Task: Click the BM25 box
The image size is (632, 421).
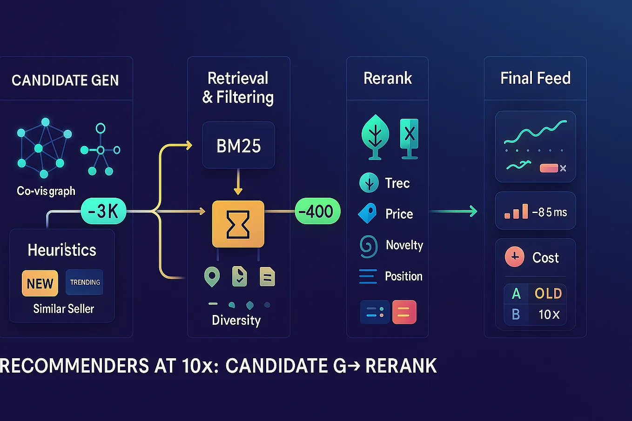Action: click(238, 146)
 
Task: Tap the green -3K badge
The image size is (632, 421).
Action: click(103, 211)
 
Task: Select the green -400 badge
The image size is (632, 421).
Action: click(318, 211)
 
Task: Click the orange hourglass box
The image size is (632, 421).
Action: click(238, 224)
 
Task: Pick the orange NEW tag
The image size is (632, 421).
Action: click(40, 283)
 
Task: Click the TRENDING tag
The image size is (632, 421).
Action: click(85, 282)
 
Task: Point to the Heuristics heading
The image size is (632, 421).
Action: click(62, 250)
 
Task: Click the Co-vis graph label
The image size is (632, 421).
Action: click(46, 191)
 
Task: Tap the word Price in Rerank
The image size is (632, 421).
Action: click(399, 214)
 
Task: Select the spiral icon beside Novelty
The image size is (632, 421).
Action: click(369, 246)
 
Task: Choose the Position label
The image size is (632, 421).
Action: click(403, 276)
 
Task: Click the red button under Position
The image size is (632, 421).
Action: click(404, 312)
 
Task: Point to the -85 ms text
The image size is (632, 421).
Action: click(550, 213)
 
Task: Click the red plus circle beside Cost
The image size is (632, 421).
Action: click(515, 257)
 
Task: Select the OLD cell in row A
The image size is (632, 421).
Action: click(548, 294)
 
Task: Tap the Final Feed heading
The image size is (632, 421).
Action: click(535, 78)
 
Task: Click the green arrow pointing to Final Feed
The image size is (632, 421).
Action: click(453, 211)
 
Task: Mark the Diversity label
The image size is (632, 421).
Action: click(236, 321)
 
